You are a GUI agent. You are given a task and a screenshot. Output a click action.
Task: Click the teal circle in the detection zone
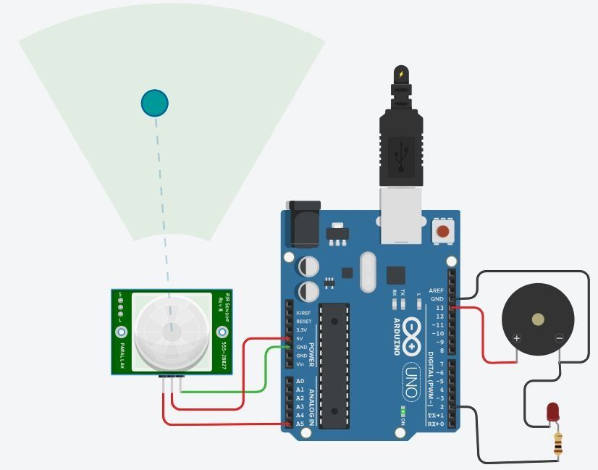(154, 103)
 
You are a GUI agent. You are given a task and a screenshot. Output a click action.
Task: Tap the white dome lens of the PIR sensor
(172, 331)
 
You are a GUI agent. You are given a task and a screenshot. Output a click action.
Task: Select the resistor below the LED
(558, 444)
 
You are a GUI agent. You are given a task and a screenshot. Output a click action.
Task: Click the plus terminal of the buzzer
(516, 338)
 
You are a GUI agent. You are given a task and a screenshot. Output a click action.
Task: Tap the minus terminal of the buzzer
(559, 338)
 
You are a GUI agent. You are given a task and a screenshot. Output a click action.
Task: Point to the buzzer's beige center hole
(538, 319)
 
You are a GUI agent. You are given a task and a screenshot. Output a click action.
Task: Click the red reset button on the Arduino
(442, 232)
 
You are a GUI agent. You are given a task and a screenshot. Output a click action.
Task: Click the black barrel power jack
(303, 224)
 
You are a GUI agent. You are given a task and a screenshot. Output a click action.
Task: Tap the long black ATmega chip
(334, 365)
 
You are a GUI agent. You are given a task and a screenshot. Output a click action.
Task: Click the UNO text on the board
(411, 380)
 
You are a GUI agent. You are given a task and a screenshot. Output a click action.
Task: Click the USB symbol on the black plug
(400, 156)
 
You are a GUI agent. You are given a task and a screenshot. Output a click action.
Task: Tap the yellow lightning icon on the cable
(401, 74)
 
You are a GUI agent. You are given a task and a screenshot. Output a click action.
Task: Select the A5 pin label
(300, 424)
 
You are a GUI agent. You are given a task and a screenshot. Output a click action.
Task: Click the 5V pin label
(300, 338)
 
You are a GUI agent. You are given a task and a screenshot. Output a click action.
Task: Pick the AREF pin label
(436, 290)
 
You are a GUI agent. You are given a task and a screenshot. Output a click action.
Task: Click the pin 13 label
(440, 308)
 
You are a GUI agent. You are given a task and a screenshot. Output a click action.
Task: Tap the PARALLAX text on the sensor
(122, 355)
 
